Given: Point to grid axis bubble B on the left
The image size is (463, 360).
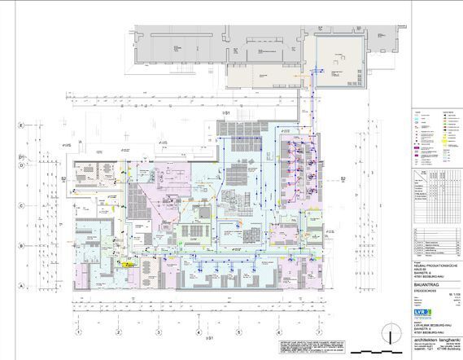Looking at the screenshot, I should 21,245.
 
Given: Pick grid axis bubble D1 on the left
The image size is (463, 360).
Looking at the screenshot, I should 21,154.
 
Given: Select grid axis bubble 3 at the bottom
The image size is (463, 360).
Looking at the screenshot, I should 157,332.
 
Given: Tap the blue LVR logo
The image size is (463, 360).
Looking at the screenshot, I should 422,311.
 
